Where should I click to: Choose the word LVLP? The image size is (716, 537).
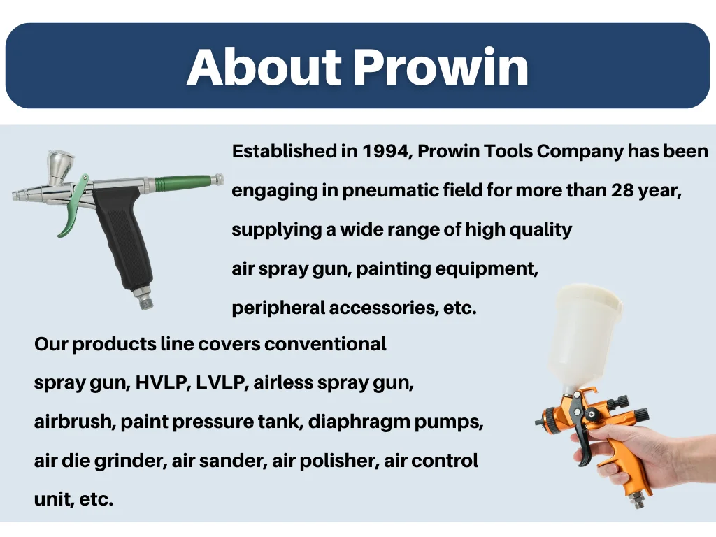(222, 382)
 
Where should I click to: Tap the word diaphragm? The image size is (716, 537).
(359, 422)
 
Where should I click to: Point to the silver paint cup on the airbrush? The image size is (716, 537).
(59, 166)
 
